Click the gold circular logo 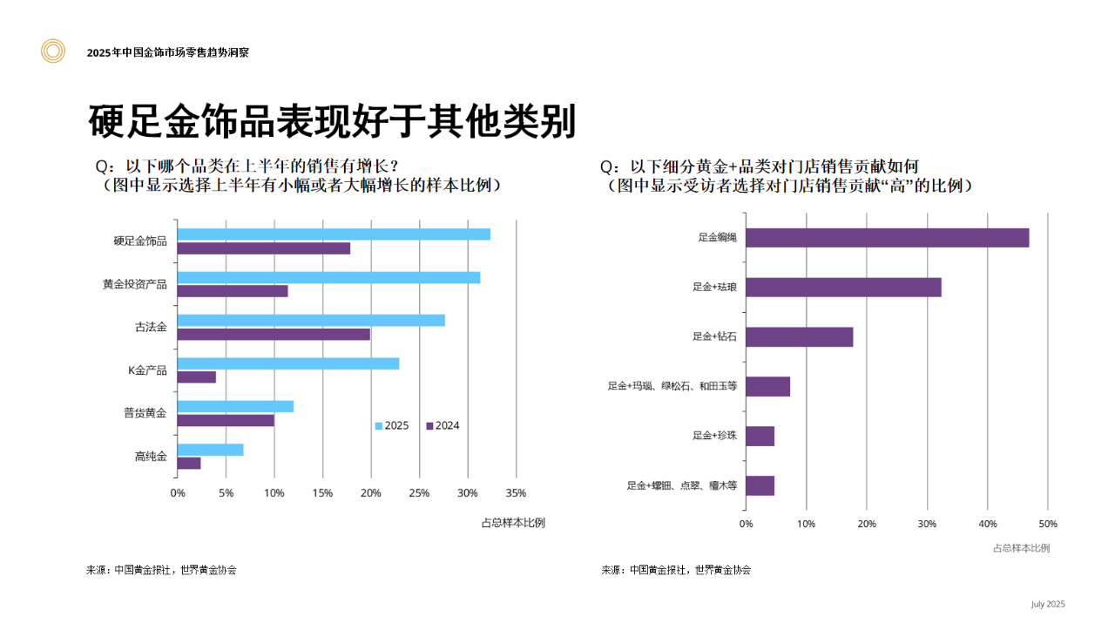click(x=53, y=51)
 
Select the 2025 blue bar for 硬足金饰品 click(x=334, y=234)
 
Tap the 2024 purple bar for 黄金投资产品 click(x=233, y=291)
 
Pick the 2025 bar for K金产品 click(x=288, y=363)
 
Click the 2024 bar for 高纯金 click(x=189, y=463)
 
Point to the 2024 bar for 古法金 click(x=274, y=334)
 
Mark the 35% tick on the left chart click(x=516, y=493)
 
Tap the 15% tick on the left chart click(x=322, y=493)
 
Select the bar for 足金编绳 click(x=888, y=238)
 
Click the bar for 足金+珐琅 click(x=844, y=287)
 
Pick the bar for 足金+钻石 click(x=800, y=336)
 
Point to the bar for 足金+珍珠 click(x=760, y=436)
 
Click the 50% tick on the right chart click(x=1048, y=524)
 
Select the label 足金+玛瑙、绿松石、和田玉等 click(x=672, y=386)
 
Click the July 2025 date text click(x=1048, y=604)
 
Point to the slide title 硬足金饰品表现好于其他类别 click(x=332, y=123)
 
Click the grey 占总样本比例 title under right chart click(x=1021, y=548)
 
